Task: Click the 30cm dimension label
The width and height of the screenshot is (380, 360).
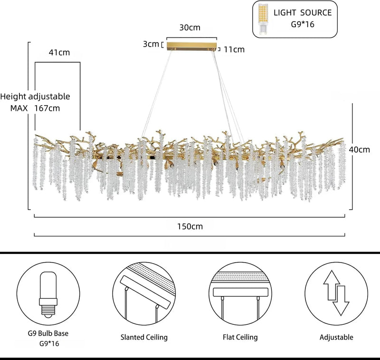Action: tap(190, 28)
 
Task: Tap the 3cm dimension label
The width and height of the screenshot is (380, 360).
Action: tap(151, 44)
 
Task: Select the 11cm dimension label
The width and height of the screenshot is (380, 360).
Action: tap(234, 49)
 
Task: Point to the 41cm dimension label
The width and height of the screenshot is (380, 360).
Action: tap(59, 52)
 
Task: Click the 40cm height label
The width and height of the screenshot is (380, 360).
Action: tap(360, 149)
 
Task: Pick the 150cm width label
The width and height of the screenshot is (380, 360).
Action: tap(190, 226)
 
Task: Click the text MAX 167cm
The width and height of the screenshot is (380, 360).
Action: tap(35, 108)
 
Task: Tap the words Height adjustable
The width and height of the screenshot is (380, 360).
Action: tap(35, 97)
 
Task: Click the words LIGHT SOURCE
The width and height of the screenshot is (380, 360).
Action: tap(303, 13)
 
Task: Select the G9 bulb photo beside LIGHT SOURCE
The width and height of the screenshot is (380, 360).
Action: tap(263, 19)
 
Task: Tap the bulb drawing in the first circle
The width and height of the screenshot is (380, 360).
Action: tap(48, 294)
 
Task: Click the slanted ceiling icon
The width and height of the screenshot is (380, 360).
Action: tap(144, 293)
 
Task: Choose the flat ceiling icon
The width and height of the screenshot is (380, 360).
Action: tap(240, 293)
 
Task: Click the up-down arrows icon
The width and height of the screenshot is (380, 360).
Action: tap(336, 293)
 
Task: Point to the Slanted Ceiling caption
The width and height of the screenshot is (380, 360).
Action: tap(144, 337)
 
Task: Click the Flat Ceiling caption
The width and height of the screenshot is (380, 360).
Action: tap(240, 337)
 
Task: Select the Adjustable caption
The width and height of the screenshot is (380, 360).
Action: tap(336, 337)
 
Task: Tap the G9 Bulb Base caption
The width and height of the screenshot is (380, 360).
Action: tap(48, 333)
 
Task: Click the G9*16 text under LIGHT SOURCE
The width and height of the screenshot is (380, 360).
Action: tap(303, 24)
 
